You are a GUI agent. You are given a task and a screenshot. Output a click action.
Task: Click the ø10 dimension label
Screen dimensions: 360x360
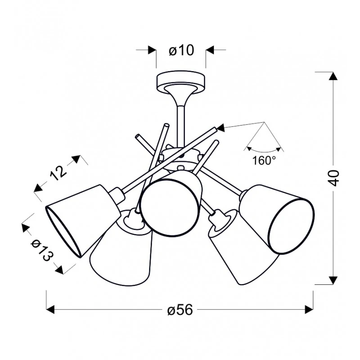click(181, 50)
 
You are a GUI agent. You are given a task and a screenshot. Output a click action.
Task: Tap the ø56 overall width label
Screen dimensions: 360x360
click(180, 310)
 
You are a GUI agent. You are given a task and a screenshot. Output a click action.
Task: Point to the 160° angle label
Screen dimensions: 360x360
click(264, 160)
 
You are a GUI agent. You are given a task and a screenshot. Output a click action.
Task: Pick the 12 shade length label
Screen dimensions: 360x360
click(58, 172)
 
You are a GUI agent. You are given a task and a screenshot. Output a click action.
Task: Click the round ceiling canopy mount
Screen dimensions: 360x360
click(181, 82)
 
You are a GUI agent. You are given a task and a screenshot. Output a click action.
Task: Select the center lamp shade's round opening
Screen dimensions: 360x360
click(171, 207)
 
